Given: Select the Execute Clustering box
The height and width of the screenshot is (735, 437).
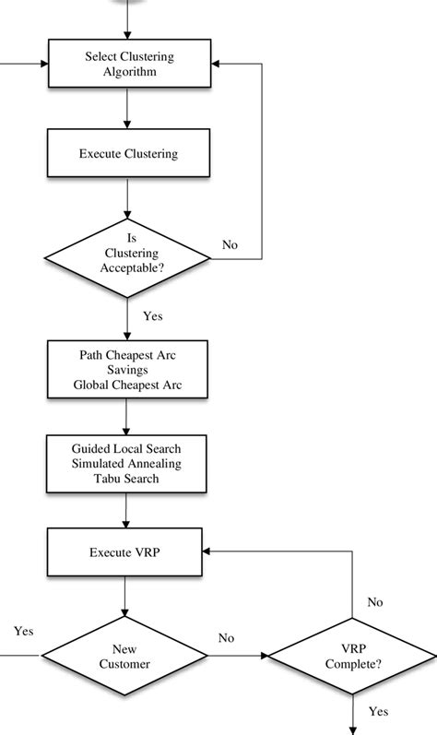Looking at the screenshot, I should (125, 153).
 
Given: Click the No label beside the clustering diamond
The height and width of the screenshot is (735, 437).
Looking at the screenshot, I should (230, 244).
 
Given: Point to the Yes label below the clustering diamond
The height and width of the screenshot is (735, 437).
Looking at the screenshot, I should (153, 315).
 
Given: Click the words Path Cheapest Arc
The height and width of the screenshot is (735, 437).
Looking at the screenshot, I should (125, 353).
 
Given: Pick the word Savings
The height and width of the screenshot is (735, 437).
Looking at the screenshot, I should (125, 368).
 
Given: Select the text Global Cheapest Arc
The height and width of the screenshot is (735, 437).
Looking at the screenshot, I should (125, 383).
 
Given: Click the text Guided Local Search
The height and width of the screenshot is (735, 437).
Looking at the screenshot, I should (125, 449).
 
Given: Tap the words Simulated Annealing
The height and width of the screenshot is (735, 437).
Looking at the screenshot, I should (125, 464).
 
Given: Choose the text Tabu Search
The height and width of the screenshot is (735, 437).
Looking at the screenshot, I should (125, 478).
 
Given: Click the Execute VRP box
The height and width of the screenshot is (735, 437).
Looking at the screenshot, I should (125, 553).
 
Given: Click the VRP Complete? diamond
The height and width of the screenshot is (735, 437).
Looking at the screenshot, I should (350, 656).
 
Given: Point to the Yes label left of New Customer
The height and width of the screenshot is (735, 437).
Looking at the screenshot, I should (24, 631).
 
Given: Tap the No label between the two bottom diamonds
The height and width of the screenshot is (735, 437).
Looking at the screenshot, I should (226, 638).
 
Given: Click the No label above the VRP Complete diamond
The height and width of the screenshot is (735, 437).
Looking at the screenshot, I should (374, 602).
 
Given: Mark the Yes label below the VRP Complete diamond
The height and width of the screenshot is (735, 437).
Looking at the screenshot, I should (378, 711).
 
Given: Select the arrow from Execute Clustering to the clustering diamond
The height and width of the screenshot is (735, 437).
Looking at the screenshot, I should (125, 197).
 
